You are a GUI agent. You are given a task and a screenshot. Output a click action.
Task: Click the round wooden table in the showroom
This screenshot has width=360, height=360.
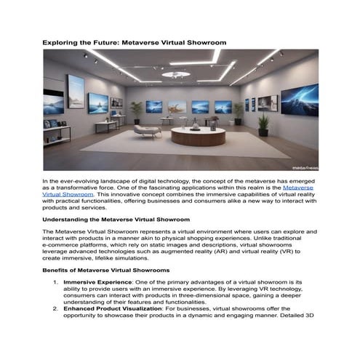pos(198,135)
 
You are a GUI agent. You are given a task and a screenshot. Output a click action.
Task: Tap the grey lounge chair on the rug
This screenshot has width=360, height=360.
pos(148,130)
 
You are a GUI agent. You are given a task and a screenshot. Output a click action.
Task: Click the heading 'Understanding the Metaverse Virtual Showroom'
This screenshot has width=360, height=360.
pos(116,219)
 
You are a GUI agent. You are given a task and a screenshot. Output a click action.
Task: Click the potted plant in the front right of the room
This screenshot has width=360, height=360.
pos(263,124)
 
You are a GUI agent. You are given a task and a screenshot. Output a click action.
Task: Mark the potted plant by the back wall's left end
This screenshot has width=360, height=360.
pos(135,111)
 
